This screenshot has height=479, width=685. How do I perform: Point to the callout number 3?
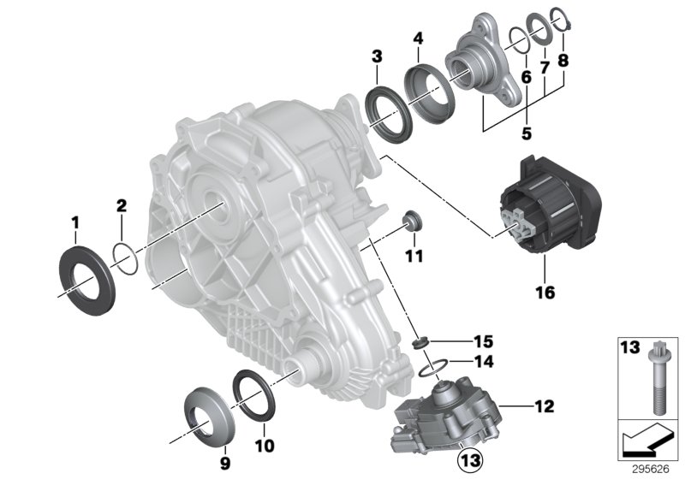pyautogui.click(x=376, y=57)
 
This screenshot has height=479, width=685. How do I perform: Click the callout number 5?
pyautogui.click(x=527, y=133)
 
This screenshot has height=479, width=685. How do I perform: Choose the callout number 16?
pyautogui.click(x=545, y=293)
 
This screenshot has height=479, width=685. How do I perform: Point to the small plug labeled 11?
pyautogui.click(x=413, y=220)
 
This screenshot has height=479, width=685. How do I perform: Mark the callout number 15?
pyautogui.click(x=461, y=342)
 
